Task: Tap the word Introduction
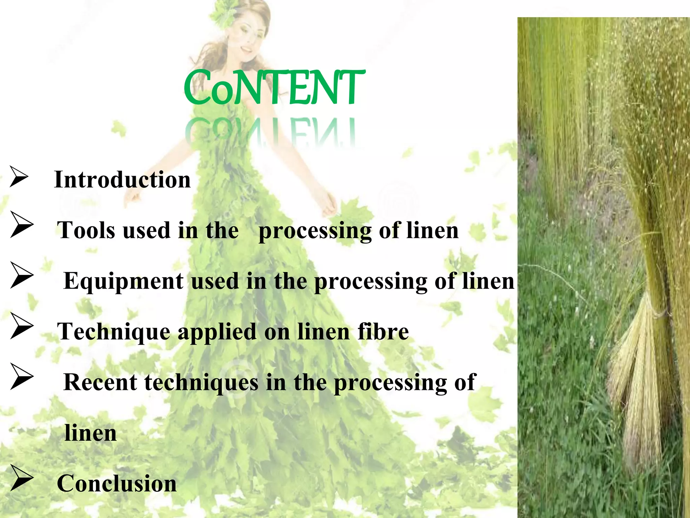point(122,180)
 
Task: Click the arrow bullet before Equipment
point(22,275)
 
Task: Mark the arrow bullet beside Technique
point(22,326)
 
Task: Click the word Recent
point(100,382)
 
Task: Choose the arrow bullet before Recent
point(22,376)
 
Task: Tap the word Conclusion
point(117,484)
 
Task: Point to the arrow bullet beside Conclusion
point(22,478)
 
